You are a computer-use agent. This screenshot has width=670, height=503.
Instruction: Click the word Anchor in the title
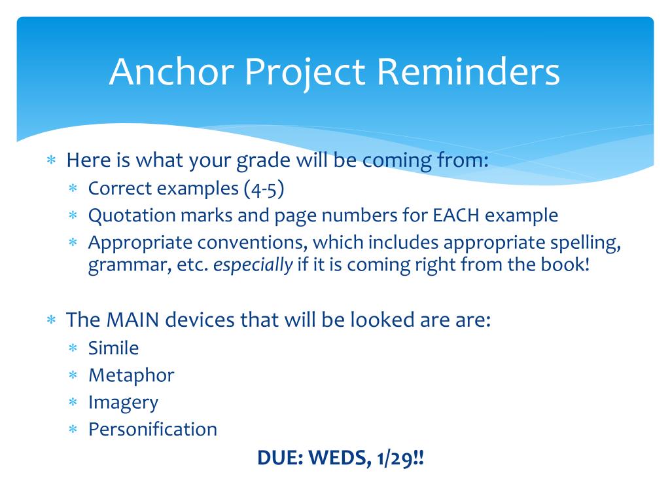(172, 71)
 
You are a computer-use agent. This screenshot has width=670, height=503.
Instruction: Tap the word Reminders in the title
(468, 71)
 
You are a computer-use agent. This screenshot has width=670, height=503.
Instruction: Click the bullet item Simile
(113, 348)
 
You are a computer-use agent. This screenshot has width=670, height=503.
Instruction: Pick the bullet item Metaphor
(131, 375)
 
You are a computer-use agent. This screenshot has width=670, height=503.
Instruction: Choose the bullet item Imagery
(123, 403)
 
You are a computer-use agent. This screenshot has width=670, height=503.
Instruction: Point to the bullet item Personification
(152, 429)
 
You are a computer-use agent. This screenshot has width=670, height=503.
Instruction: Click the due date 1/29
(395, 458)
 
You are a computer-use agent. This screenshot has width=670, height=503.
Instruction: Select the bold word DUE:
(280, 458)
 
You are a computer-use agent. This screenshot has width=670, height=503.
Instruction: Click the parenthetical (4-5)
(264, 189)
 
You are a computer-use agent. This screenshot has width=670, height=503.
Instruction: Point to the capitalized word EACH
(456, 215)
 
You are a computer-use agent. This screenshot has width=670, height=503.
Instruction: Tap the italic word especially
(253, 265)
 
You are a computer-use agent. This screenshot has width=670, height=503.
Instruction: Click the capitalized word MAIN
(132, 320)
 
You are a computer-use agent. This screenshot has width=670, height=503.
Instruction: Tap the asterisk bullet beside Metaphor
(73, 375)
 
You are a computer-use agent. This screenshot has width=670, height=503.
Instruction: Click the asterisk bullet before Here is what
(51, 160)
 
